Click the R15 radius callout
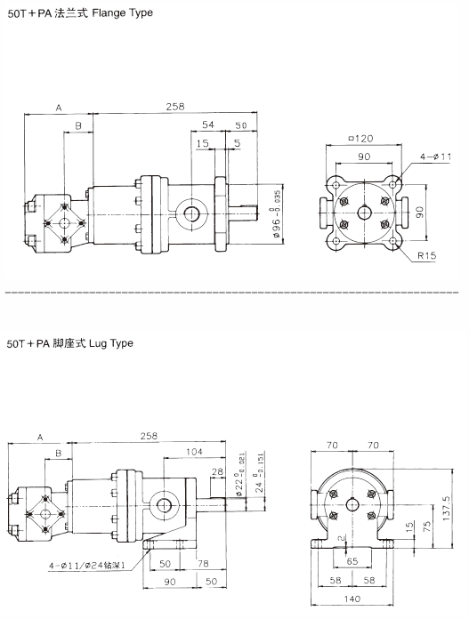tap(426, 256)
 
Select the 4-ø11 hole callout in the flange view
tap(435, 157)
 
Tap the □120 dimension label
tap(360, 139)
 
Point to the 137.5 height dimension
tap(448, 509)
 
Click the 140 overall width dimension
tap(352, 599)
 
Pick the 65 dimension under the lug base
tap(352, 561)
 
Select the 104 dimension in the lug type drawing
tap(194, 452)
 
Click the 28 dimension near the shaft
tap(217, 471)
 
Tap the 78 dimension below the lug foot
tap(203, 563)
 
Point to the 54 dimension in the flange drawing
tap(208, 125)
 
